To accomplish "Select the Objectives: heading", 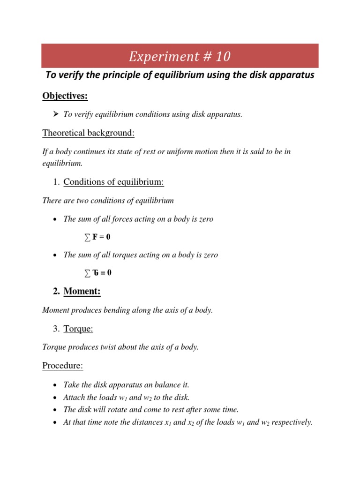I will click(x=65, y=96).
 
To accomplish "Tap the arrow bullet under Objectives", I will click(x=54, y=115).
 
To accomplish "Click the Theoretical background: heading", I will click(x=89, y=133).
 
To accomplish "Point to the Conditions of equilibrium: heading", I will click(x=114, y=182).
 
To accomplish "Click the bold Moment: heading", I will click(x=82, y=292).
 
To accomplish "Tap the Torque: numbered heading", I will click(x=78, y=329).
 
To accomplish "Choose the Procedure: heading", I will click(x=63, y=366).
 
